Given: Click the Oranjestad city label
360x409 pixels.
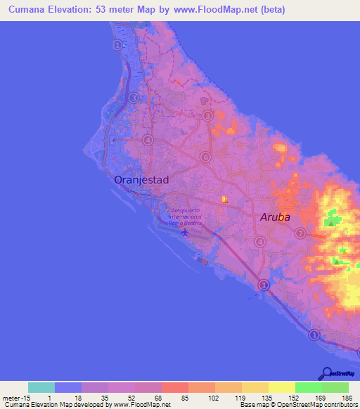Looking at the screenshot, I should click(142, 180).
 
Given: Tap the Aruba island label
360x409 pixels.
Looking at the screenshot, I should click(275, 217).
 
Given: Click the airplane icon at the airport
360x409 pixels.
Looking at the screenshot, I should click(185, 231).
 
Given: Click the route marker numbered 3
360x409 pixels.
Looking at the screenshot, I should click(207, 115).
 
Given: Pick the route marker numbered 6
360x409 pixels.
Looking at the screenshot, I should click(205, 157).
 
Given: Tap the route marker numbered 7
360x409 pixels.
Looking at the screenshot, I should click(300, 233).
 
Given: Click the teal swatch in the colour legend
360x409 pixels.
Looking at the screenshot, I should click(41, 387).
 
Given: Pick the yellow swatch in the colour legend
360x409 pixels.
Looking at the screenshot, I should click(281, 387).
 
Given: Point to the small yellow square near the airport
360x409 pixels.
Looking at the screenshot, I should click(225, 200).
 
